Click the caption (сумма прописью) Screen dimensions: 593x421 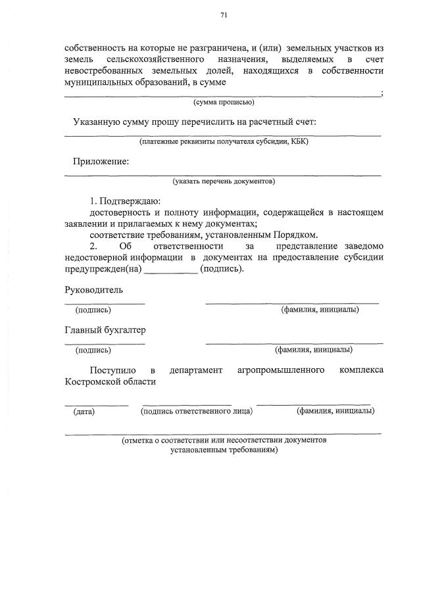pos(224,103)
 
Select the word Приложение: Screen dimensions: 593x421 pos(101,161)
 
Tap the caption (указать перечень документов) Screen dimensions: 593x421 pos(224,180)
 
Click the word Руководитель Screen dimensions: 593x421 pos(93,289)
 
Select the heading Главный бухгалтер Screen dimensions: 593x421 pos(105,329)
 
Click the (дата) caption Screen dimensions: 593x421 pos(84,412)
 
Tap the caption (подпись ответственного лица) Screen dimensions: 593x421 pos(197,412)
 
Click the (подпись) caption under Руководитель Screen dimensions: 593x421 pos(93,310)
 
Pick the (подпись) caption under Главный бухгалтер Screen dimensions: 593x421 pos(93,350)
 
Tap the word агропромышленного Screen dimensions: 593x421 pos(281,371)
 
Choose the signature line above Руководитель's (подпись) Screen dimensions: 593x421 pos(105,303)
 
